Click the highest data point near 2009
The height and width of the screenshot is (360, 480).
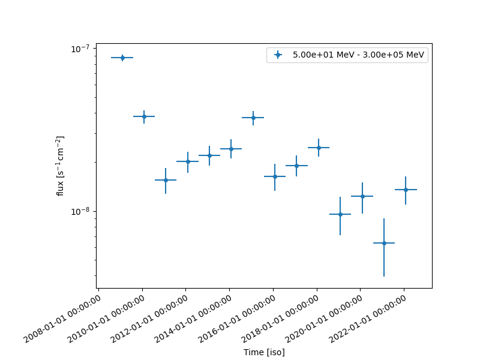(122, 58)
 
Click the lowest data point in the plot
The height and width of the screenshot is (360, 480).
(383, 243)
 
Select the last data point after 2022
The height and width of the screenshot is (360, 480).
(406, 190)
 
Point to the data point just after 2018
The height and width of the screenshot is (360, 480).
(319, 148)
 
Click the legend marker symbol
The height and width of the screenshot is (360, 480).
(278, 55)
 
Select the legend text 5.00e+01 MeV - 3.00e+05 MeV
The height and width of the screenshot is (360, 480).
(358, 55)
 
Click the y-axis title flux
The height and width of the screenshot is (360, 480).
(61, 166)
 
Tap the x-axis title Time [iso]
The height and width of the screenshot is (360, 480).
(264, 352)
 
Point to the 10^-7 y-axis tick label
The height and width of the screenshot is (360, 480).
(80, 49)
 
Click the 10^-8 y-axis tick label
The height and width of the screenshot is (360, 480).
(80, 211)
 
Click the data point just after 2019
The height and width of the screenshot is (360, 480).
(340, 214)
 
